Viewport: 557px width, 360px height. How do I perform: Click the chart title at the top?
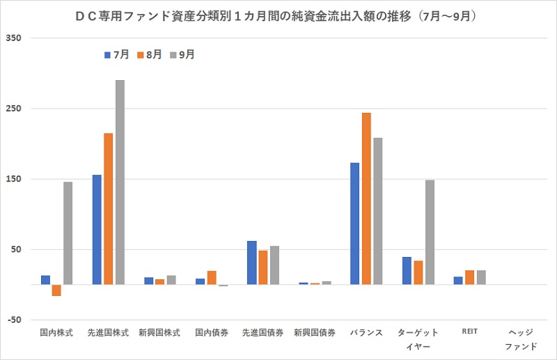click(x=278, y=15)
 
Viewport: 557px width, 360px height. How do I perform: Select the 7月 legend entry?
click(x=116, y=54)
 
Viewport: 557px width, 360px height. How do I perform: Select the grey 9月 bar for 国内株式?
click(x=68, y=233)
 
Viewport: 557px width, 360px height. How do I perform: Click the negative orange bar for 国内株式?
click(x=56, y=290)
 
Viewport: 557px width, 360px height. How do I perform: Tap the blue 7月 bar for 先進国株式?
click(x=97, y=230)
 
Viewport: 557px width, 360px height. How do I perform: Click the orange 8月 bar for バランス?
click(x=366, y=198)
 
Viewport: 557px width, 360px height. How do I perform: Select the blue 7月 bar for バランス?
click(x=355, y=224)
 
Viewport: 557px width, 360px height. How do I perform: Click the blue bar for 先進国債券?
click(x=251, y=263)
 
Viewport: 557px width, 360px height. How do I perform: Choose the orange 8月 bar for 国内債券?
click(x=212, y=278)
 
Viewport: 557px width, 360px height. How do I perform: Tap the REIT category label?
click(x=470, y=332)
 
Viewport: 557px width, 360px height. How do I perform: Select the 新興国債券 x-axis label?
click(x=315, y=333)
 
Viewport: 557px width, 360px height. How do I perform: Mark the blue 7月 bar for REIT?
click(x=458, y=281)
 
